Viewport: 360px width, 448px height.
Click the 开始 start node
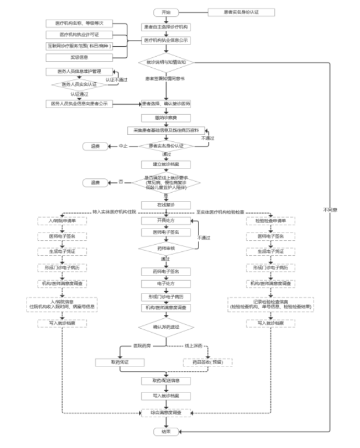(166, 12)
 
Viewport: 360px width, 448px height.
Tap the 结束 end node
(166, 432)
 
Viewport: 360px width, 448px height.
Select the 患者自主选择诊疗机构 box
(166, 27)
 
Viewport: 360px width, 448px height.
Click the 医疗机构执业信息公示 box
(166, 41)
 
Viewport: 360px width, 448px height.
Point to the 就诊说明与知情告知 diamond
(166, 61)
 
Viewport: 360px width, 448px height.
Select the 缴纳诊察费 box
(166, 117)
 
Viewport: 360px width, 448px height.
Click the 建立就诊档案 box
(166, 164)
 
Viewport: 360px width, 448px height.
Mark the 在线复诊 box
(166, 205)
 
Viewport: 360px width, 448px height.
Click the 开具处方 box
(166, 221)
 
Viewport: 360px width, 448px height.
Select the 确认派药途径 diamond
(166, 328)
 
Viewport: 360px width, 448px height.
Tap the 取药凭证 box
(120, 362)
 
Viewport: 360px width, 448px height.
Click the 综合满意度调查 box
(166, 414)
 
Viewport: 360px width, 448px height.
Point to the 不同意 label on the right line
(330, 209)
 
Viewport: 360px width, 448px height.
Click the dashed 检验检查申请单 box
(270, 221)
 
